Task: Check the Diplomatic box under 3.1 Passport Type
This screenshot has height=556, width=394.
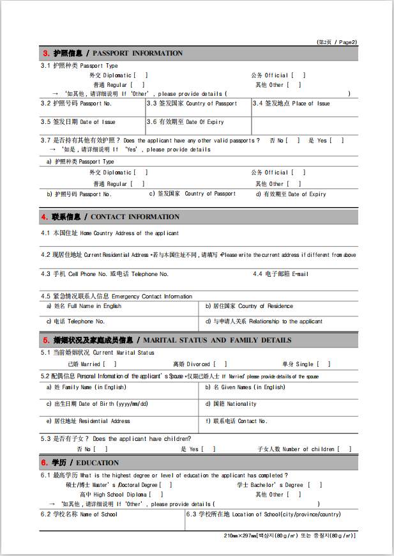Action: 141,75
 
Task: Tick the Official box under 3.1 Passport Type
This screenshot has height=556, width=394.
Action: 299,75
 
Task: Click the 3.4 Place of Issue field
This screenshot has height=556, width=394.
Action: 304,110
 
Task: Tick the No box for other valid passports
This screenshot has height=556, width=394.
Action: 293,141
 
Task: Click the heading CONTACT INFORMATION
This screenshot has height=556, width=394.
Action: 135,217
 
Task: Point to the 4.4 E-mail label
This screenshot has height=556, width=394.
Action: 281,274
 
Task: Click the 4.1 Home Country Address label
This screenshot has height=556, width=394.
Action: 110,233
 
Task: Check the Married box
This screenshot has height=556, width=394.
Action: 110,364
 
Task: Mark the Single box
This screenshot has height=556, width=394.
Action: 324,364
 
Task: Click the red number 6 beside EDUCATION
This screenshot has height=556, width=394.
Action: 45,463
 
